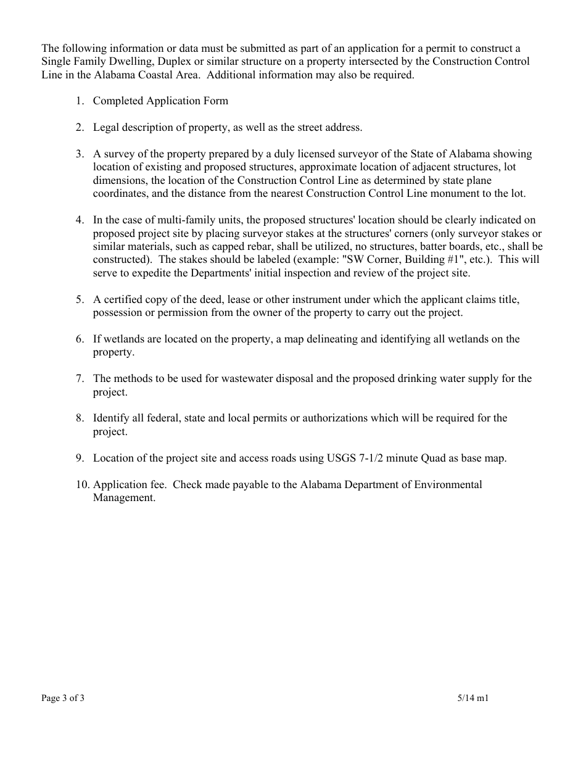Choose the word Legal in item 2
click(x=105, y=128)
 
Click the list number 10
click(x=83, y=484)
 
